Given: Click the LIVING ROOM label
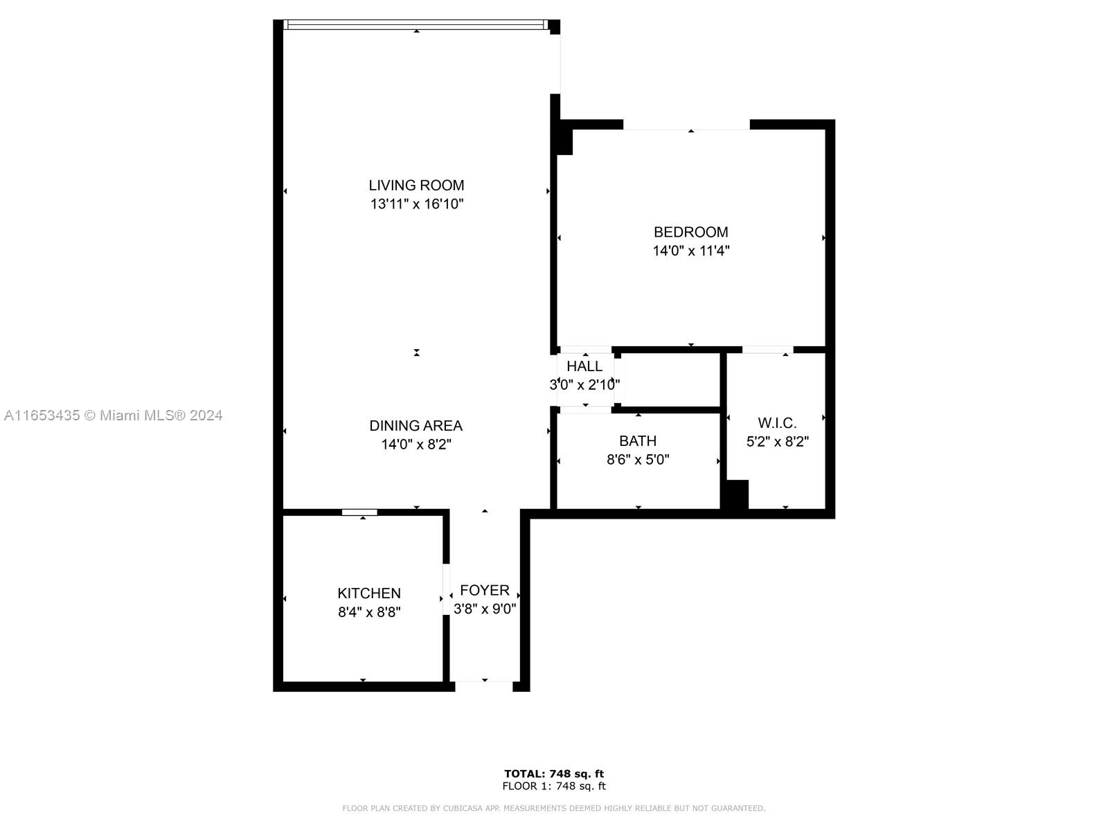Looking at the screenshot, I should coord(416,185).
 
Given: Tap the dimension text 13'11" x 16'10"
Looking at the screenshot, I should coord(416,204).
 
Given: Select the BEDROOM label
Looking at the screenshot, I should coord(690,232).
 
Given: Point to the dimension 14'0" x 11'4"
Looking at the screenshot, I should coord(690,251).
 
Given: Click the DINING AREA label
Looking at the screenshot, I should coord(415,426).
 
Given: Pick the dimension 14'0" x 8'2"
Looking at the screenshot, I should coord(415,445).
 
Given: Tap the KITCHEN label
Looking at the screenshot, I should coord(369,593).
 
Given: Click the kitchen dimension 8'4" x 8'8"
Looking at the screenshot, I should coord(369,612).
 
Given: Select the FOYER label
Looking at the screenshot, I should coord(485,590).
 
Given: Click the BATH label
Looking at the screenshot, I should coord(638,441).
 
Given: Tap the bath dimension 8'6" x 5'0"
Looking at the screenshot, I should coord(638,460).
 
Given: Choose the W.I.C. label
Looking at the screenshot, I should coord(777,423).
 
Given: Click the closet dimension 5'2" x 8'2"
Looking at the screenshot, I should coord(777,442).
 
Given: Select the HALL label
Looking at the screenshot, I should coord(584,366).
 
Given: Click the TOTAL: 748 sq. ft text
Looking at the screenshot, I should coord(554,774).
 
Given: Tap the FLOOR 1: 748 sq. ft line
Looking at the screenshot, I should coord(554,786).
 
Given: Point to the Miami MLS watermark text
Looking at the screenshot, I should coord(114,415).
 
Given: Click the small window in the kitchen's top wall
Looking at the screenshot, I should coord(359,512).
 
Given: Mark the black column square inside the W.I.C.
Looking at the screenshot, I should coord(735,494).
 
